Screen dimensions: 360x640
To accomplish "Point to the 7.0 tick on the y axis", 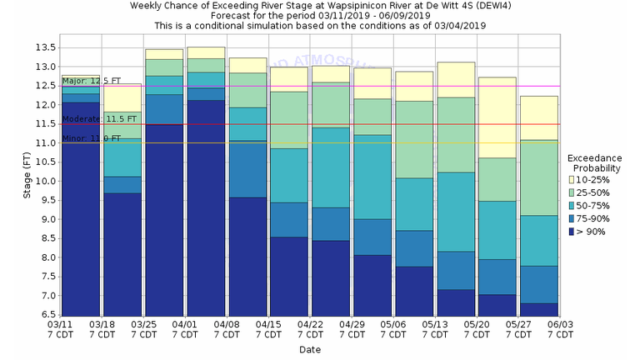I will point(48,296).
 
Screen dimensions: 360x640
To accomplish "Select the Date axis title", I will point(310,349).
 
